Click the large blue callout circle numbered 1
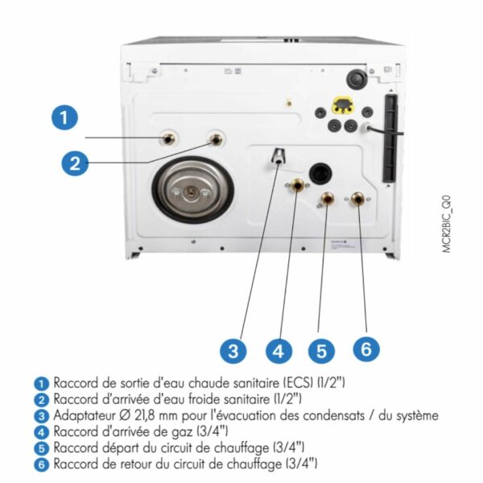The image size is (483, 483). click(64, 118)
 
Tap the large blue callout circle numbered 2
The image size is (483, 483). click(75, 163)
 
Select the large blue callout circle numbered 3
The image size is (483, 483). click(233, 350)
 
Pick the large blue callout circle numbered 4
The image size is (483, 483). click(279, 350)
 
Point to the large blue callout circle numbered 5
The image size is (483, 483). click(321, 350)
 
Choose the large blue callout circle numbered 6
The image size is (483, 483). click(366, 349)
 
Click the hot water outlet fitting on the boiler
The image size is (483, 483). click(168, 139)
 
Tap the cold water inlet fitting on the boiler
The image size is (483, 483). click(217, 139)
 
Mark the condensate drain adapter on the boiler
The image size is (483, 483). click(279, 156)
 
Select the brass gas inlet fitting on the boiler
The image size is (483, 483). click(297, 185)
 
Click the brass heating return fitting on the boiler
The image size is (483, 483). click(358, 199)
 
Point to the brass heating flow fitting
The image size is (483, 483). click(327, 199)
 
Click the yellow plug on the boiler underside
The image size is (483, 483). click(342, 105)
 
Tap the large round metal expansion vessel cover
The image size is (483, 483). click(193, 190)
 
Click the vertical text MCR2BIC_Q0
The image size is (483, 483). click(447, 224)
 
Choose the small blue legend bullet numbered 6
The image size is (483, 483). click(41, 464)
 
